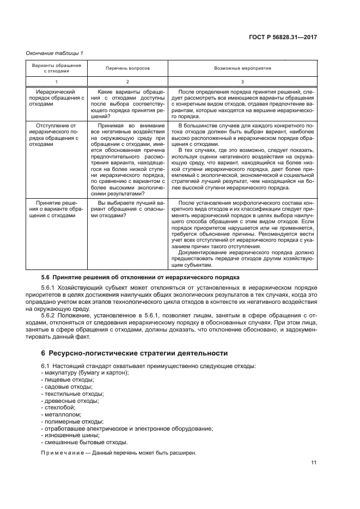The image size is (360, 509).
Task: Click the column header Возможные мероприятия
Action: [x=243, y=69]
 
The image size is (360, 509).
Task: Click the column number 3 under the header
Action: [x=243, y=82]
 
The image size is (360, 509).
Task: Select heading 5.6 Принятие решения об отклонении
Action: [x=140, y=277]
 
